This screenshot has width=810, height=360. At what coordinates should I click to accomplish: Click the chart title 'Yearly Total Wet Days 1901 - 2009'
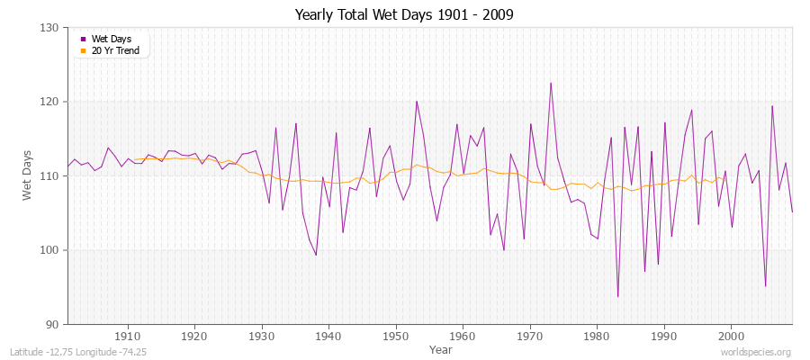[405, 15]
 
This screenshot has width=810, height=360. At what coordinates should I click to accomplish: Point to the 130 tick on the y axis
[50, 28]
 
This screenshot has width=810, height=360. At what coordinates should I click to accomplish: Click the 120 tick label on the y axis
[50, 102]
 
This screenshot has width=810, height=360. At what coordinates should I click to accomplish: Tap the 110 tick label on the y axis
[50, 176]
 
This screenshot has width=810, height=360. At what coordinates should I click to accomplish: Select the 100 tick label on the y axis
[50, 250]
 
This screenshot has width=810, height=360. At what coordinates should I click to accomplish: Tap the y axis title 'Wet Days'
[27, 175]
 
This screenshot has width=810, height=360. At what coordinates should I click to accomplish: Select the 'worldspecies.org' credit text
[756, 353]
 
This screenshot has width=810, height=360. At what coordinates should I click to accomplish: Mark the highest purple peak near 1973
[551, 83]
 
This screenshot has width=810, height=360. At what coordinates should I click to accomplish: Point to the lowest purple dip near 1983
[617, 296]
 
